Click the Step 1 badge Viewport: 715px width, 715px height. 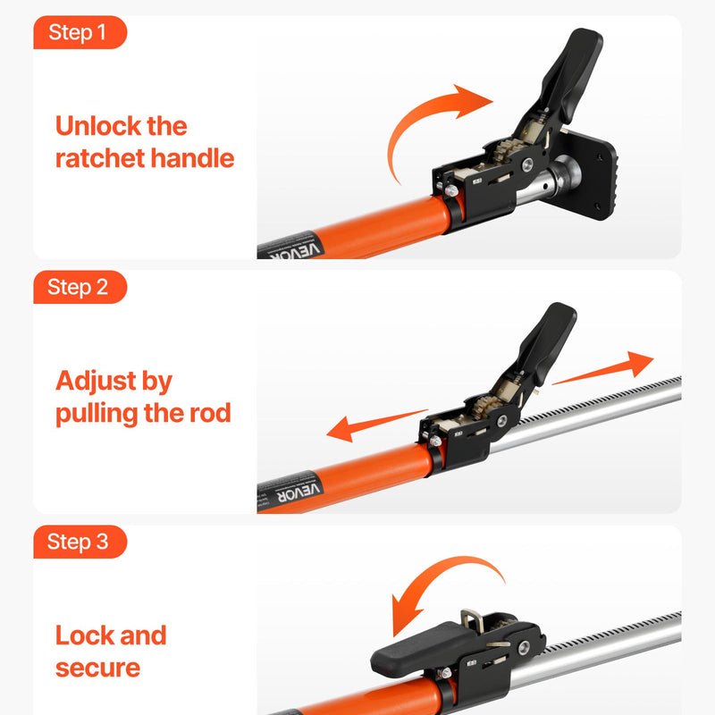pyautogui.click(x=80, y=32)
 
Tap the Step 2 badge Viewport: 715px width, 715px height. pyautogui.click(x=80, y=287)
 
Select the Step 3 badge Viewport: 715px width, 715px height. pyautogui.click(x=80, y=542)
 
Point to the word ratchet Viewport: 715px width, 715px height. pyautogui.click(x=100, y=158)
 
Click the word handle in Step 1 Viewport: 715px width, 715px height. pyautogui.click(x=192, y=158)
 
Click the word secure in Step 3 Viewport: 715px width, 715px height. pyautogui.click(x=97, y=668)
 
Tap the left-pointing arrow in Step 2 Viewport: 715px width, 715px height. pyautogui.click(x=376, y=425)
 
